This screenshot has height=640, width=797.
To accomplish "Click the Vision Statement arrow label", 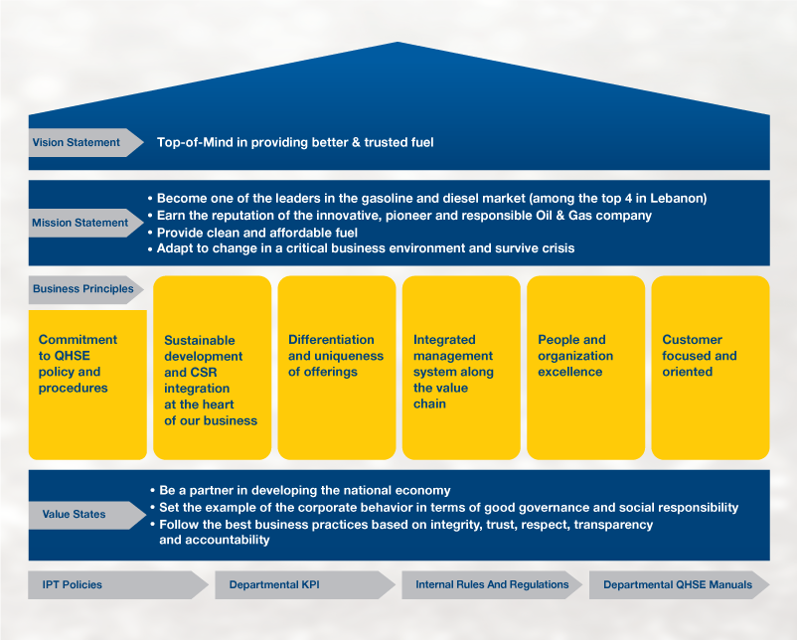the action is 85,142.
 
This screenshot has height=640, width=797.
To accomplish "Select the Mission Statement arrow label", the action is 85,223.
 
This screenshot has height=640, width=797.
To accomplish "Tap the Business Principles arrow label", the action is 85,289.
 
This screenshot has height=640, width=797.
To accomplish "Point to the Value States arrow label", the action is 86,515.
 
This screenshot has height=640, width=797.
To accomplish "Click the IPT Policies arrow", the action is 118,584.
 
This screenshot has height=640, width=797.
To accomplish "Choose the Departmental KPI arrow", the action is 305,584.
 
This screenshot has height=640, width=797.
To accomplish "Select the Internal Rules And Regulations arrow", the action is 492,584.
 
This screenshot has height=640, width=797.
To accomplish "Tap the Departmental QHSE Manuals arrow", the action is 679,584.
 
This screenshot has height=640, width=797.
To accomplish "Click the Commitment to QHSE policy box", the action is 87,385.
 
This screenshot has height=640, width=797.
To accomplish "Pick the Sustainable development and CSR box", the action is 212,368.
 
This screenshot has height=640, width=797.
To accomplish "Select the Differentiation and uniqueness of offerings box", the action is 337,368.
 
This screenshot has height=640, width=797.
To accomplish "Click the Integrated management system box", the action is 461,368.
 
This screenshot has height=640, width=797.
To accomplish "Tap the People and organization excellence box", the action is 585,368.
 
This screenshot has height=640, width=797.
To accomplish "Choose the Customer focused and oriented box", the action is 711,368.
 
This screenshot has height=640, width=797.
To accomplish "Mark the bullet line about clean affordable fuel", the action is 252,233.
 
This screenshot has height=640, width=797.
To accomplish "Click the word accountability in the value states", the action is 214,540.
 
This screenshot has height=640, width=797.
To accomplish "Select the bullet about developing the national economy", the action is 300,491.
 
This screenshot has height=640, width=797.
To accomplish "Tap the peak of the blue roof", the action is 398,42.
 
